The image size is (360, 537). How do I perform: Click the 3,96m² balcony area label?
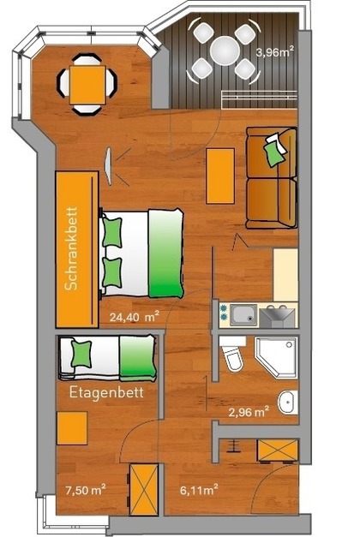(x=274, y=52)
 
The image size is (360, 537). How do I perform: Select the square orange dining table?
(x=87, y=85)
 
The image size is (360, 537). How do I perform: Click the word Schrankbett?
(x=72, y=249)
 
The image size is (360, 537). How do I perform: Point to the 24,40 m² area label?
(x=135, y=317)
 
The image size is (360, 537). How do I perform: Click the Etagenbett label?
(x=106, y=392)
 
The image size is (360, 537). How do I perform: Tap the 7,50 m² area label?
(x=85, y=490)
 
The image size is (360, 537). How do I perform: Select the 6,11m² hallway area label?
(x=199, y=490)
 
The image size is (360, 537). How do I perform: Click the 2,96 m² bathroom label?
(x=249, y=411)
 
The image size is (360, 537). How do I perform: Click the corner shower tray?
(x=276, y=357)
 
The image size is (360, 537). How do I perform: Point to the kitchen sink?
(x=243, y=315)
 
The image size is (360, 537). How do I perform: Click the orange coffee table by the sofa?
(x=220, y=176)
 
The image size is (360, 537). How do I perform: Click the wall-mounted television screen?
(x=109, y=166)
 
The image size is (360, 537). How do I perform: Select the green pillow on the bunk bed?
(x=81, y=354)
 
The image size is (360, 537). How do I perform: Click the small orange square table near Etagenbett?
(x=72, y=428)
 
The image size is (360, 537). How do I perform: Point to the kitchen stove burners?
(x=225, y=312)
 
